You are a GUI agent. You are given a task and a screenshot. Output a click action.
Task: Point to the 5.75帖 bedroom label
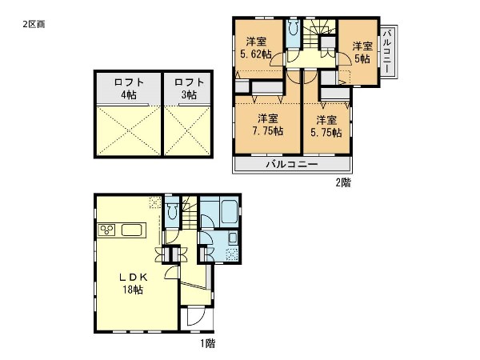(326, 126)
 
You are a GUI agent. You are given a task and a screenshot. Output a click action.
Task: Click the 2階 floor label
(342, 182)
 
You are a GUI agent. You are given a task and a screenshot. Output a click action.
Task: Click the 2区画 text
(33, 24)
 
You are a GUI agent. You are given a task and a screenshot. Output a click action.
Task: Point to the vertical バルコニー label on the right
(386, 51)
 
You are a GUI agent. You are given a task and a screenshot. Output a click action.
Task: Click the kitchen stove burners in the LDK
(108, 231)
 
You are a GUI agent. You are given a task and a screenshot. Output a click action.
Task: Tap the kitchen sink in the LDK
(131, 231)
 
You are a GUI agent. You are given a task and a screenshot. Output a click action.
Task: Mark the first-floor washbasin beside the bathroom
(232, 238)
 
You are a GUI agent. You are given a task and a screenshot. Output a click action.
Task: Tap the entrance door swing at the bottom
(194, 318)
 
